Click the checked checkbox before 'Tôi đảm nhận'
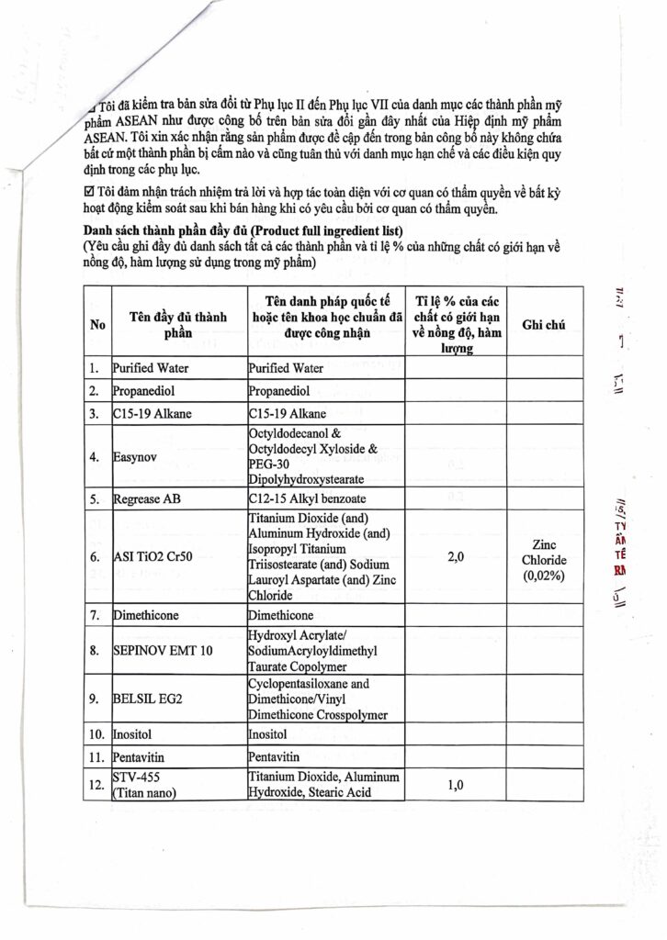(88, 191)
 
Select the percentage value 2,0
(454, 556)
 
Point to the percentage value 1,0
(454, 787)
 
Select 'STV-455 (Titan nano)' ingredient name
(147, 786)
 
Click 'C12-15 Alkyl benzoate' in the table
(309, 499)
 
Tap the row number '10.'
(96, 735)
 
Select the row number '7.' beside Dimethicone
(95, 615)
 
